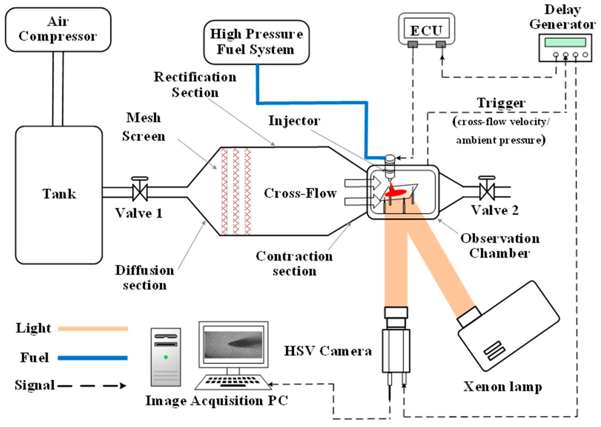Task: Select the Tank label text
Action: click(59, 194)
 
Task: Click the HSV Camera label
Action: click(328, 351)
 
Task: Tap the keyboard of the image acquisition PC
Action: click(233, 382)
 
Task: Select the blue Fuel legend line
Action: click(93, 358)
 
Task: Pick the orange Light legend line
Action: click(93, 329)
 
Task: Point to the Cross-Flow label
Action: click(300, 193)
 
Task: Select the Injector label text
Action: click(294, 121)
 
